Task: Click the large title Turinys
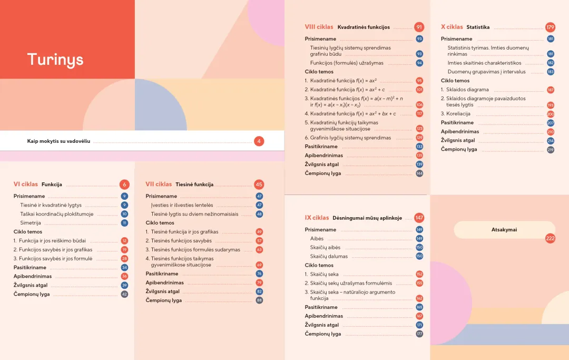55,59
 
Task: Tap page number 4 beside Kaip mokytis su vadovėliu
259,141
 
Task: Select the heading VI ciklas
26,184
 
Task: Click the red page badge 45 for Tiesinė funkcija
259,184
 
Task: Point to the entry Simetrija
31,223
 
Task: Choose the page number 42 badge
124,294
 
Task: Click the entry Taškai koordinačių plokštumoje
57,214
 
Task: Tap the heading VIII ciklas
319,27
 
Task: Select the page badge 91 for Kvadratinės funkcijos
419,27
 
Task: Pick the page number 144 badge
419,173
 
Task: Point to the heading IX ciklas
317,218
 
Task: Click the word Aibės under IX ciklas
317,239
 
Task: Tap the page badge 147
419,218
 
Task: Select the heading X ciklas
452,27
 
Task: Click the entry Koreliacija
458,114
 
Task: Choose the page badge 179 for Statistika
551,27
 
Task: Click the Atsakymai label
504,230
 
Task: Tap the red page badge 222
551,239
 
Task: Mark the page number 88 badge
259,300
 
